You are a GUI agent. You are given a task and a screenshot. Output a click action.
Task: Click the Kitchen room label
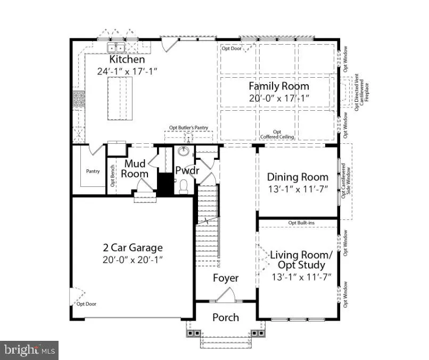(127, 59)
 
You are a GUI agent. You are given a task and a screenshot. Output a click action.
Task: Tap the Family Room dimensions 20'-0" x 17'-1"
(279, 98)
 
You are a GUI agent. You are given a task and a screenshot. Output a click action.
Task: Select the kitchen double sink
(116, 47)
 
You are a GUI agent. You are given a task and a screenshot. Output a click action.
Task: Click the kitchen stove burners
(79, 99)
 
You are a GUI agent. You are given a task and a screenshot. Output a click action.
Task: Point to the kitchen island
(120, 99)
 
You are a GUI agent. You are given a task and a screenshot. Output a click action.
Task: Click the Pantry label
(93, 171)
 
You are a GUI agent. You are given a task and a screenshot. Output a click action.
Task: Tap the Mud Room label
(135, 169)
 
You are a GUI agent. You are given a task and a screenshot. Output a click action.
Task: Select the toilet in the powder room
(183, 186)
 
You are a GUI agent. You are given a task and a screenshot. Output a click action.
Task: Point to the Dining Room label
(298, 177)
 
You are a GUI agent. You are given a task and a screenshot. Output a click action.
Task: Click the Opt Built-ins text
(301, 223)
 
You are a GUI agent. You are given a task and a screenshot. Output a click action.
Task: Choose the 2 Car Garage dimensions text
(133, 259)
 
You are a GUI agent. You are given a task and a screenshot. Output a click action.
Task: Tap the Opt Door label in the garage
(86, 304)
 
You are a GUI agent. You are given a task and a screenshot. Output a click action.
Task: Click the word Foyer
(226, 278)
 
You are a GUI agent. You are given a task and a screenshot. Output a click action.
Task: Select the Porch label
(226, 317)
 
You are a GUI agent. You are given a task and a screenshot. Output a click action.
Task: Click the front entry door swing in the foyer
(226, 295)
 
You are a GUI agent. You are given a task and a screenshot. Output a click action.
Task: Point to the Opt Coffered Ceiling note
(277, 134)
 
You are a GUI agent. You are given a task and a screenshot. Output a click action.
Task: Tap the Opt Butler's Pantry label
(188, 128)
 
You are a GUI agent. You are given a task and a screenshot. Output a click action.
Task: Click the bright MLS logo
(29, 350)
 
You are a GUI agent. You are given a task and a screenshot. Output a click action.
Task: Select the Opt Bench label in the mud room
(112, 176)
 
